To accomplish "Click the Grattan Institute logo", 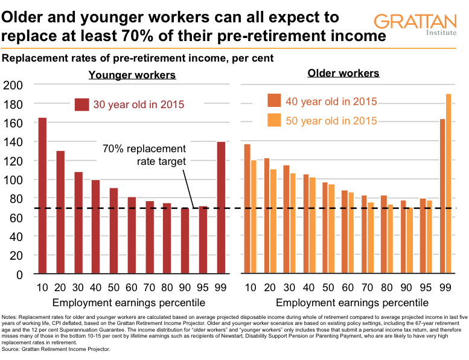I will tap(415, 26).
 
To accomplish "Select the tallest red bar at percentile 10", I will tap(42, 196).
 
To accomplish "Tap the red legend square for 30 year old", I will tap(81, 104).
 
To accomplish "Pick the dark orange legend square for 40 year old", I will tap(275, 101).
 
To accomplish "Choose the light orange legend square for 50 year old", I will tap(275, 121).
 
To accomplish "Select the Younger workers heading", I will tap(132, 76).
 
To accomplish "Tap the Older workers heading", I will tap(343, 74).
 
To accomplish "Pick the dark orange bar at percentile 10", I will tap(247, 209).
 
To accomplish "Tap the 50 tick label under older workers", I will tap(330, 286).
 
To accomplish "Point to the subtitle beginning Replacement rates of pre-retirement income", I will tap(138, 59).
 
